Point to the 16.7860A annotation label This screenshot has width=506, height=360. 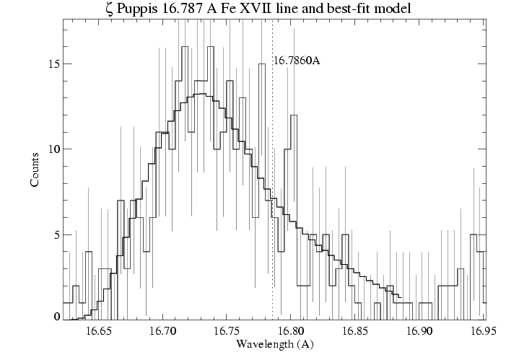[x=297, y=61]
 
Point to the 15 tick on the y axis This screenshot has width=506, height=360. [x=51, y=63]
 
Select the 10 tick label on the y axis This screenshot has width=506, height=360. [x=51, y=149]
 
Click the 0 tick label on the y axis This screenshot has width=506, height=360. [x=53, y=317]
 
